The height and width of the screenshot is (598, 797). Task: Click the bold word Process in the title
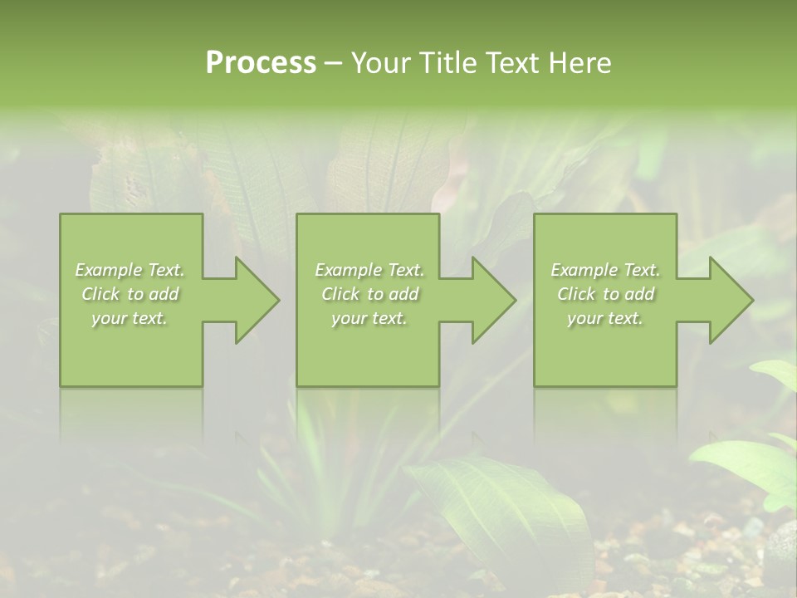pyautogui.click(x=261, y=63)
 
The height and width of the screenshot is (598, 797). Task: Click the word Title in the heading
pyautogui.click(x=449, y=63)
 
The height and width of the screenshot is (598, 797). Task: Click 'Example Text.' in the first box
pyautogui.click(x=130, y=270)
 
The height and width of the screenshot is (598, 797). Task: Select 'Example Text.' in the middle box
pyautogui.click(x=369, y=270)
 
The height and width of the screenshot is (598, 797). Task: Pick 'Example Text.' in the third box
pyautogui.click(x=605, y=270)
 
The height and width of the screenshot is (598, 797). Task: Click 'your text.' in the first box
pyautogui.click(x=130, y=318)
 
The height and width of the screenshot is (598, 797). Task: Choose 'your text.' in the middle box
pyautogui.click(x=369, y=318)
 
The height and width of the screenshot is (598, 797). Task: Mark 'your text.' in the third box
pyautogui.click(x=605, y=318)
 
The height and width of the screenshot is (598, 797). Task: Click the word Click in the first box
pyautogui.click(x=100, y=294)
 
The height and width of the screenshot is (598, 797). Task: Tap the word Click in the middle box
pyautogui.click(x=340, y=294)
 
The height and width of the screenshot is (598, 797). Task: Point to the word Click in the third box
pyautogui.click(x=576, y=294)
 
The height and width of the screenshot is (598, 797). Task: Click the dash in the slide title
pyautogui.click(x=334, y=63)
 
